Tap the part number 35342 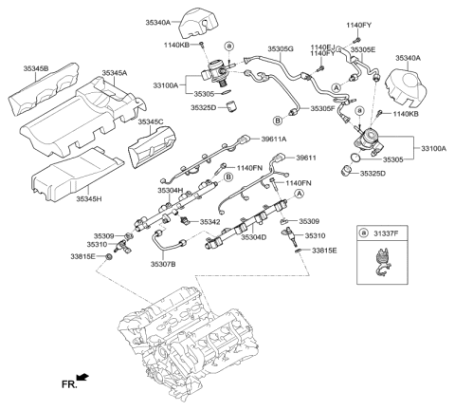207,221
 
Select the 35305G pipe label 279,47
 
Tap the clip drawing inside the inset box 383,262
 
